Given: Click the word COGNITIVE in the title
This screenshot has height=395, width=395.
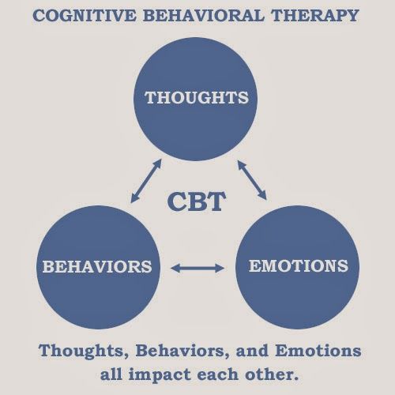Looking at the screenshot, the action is tap(85, 15).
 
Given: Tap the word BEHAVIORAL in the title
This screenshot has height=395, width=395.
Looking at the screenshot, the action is tap(204, 15).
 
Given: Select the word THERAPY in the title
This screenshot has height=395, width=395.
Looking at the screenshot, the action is tap(315, 15).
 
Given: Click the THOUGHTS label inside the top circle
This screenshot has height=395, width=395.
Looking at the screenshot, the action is tap(197, 97).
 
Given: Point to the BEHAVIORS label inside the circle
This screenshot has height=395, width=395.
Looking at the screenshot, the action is tap(97, 266).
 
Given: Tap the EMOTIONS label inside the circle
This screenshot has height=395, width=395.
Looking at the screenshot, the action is tap(299, 265).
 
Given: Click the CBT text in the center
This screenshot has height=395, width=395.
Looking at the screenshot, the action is tap(197, 201).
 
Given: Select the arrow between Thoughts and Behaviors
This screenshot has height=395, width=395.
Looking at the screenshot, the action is tap(146, 181).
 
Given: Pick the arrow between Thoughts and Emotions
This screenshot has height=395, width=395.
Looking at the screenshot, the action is tap(252, 180).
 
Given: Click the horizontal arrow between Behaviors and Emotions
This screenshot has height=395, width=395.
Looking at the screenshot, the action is tap(197, 269).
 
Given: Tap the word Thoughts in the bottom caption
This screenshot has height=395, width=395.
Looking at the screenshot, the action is tap(84, 352).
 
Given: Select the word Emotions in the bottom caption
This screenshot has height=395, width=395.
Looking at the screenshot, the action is tap(318, 351).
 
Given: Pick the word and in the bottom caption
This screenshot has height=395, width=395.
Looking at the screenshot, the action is tap(252, 351).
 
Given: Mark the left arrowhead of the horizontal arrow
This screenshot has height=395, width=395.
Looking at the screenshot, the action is tap(175, 269).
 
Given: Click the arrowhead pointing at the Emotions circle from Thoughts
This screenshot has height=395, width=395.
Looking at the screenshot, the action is tap(263, 195).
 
